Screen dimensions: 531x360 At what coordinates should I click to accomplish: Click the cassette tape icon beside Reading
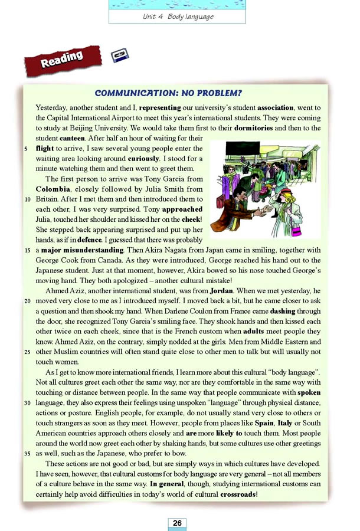coord(120,56)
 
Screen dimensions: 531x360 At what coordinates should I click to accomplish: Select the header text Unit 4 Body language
coord(178,17)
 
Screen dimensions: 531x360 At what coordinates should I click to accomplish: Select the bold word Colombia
coord(54,189)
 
